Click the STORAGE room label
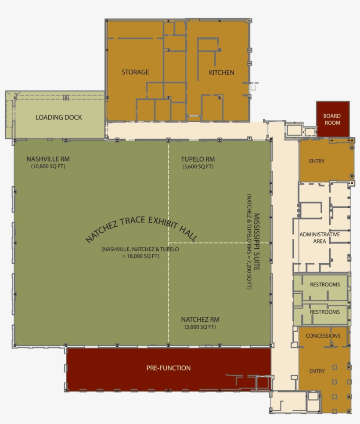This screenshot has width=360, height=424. [x=135, y=72]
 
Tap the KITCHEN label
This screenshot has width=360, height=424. [x=221, y=72]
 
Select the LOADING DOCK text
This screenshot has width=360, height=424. [x=58, y=117]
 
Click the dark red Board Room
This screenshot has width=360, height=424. [x=332, y=119]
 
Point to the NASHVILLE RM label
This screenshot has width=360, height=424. [x=48, y=159]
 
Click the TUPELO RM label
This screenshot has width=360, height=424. [x=198, y=159]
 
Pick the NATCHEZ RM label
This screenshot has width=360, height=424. [x=200, y=319]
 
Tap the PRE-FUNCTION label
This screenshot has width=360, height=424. [x=169, y=368]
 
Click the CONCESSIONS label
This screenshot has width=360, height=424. [x=323, y=336]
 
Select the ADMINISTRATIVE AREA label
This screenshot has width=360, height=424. [x=320, y=238]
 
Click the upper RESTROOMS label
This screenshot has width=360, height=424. [x=325, y=284]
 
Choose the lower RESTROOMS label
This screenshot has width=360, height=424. [x=325, y=312]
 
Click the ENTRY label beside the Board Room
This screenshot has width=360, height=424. [x=317, y=161]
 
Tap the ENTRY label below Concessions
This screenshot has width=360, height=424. [x=317, y=371]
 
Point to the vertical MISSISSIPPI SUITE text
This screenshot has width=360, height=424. [x=257, y=242]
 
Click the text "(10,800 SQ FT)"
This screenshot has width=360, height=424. [x=48, y=167]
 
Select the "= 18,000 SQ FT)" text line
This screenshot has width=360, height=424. [x=140, y=256]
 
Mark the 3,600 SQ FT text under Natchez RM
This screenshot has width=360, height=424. [x=200, y=327]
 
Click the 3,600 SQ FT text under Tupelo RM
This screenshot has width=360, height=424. [x=198, y=167]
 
